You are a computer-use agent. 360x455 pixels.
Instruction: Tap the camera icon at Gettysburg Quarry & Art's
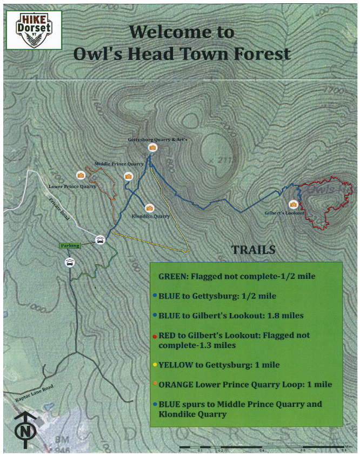point(152,148)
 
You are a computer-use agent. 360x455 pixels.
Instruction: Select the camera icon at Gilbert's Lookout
point(293,204)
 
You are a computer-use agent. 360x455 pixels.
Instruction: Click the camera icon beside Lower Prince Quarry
point(81,175)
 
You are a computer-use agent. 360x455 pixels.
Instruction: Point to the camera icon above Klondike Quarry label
point(150,208)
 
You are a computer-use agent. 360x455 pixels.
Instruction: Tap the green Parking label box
point(70,245)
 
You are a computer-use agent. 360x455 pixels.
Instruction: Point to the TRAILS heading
point(254,250)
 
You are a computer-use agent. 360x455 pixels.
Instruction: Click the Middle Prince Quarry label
point(119,163)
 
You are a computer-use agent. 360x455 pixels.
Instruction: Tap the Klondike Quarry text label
point(151,216)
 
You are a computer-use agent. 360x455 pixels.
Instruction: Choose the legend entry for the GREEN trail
point(237,276)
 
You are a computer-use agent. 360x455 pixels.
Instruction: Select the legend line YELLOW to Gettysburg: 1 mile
point(219,365)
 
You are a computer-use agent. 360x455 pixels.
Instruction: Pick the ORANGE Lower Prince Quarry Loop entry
point(245,384)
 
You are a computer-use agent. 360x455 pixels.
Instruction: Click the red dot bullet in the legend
point(155,336)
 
